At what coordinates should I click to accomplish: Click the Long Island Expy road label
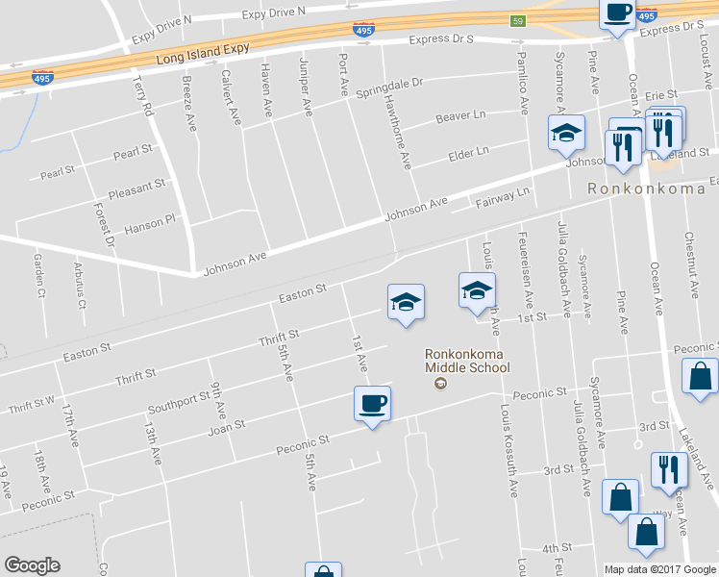point(203,54)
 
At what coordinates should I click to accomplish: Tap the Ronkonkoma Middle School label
point(467,361)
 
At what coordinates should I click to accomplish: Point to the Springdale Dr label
point(389,87)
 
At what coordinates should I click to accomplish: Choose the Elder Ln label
point(469,152)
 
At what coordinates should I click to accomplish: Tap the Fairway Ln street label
point(503,198)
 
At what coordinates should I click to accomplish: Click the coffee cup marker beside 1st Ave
point(372,404)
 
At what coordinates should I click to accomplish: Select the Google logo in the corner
point(32,565)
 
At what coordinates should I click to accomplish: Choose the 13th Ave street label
point(152,440)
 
